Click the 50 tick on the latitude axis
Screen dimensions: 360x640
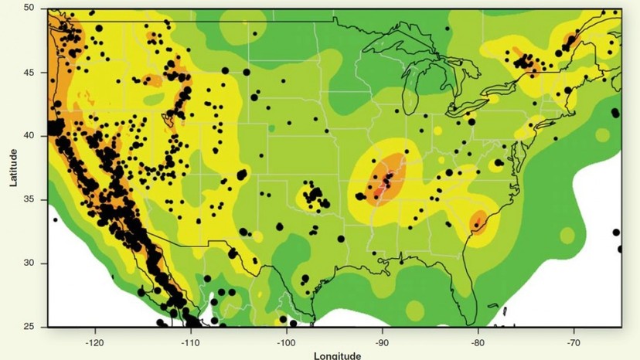point(29,8)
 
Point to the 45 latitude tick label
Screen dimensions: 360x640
point(29,72)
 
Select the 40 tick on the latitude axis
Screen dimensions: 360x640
point(29,135)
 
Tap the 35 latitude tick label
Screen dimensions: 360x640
point(29,199)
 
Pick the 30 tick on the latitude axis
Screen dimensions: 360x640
point(29,263)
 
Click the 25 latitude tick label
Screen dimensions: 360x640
point(29,327)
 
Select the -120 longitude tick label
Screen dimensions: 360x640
point(94,342)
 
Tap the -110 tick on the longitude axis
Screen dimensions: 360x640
point(190,342)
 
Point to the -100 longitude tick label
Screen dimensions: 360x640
point(286,342)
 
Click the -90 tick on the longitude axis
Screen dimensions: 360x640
point(382,342)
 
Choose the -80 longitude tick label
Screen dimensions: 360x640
point(478,342)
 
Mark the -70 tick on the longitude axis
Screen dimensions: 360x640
point(574,342)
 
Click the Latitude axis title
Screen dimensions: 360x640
point(13,168)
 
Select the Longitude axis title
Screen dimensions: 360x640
point(338,355)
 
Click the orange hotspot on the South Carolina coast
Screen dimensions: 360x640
point(478,222)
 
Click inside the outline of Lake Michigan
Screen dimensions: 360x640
point(409,85)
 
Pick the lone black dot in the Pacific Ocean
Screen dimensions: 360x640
point(55,220)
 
